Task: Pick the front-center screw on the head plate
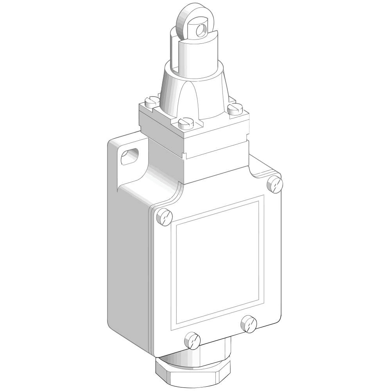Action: pyautogui.click(x=184, y=124)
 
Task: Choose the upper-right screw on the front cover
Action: pyautogui.click(x=275, y=184)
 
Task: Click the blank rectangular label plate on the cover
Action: pyautogui.click(x=217, y=262)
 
